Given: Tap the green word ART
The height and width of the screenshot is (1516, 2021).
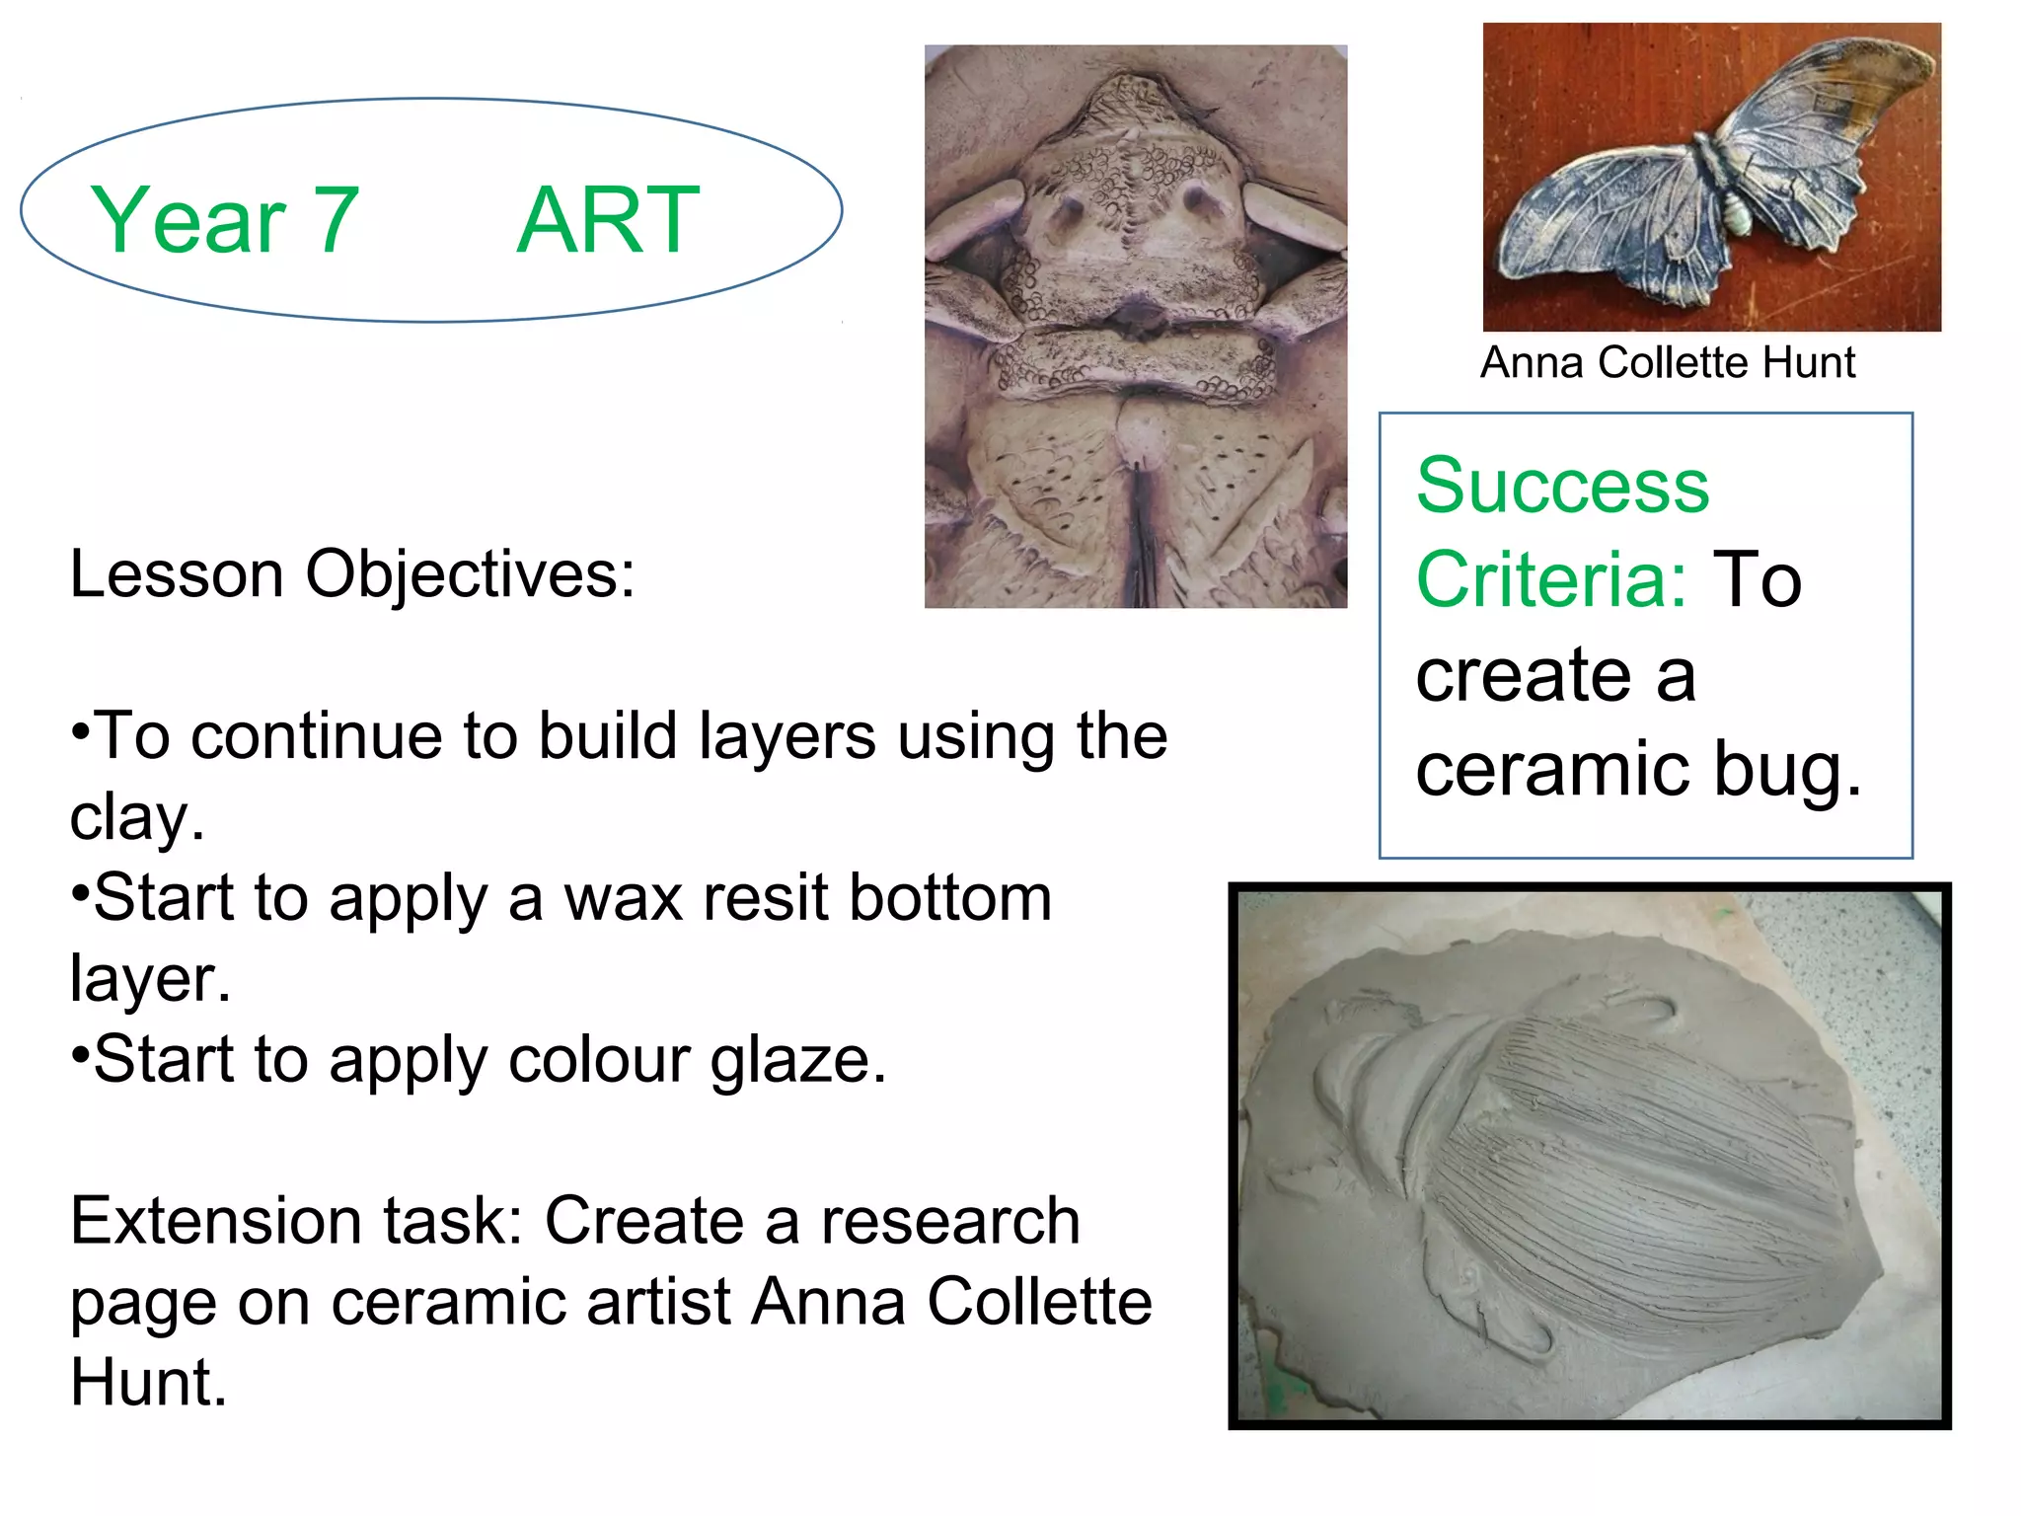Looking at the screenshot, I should [607, 220].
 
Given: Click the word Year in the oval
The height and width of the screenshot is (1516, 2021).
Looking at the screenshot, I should [187, 220].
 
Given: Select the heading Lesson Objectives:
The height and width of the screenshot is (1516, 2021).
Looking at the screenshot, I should [352, 574].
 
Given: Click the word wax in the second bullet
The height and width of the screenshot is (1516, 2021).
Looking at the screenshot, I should [624, 898].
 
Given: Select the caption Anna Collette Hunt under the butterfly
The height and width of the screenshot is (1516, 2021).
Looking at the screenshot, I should [1667, 363].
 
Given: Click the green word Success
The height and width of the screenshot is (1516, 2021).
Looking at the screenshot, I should [1562, 486].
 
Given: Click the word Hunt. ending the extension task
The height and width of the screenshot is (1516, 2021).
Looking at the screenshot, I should [148, 1383].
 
